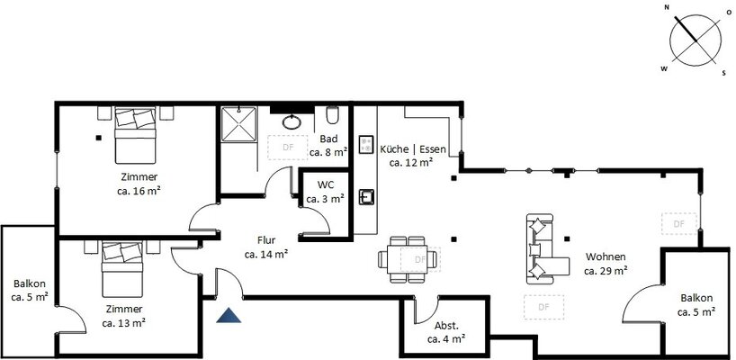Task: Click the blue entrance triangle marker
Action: click(229, 316)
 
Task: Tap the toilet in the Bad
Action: click(332, 114)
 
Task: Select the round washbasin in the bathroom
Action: click(292, 122)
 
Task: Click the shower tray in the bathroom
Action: click(239, 124)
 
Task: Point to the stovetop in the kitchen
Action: click(366, 145)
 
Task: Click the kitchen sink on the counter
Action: click(366, 197)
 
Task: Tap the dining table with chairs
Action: click(408, 259)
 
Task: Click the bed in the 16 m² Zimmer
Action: click(135, 135)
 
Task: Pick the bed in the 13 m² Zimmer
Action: click(122, 269)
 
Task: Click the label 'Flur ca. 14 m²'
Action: click(266, 247)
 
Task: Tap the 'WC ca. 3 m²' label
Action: click(326, 192)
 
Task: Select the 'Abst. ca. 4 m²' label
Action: click(446, 332)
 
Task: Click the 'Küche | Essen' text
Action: click(413, 149)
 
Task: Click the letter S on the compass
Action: click(723, 73)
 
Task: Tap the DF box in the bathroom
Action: click(288, 148)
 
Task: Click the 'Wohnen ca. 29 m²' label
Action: click(606, 264)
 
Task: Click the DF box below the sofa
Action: click(543, 308)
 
